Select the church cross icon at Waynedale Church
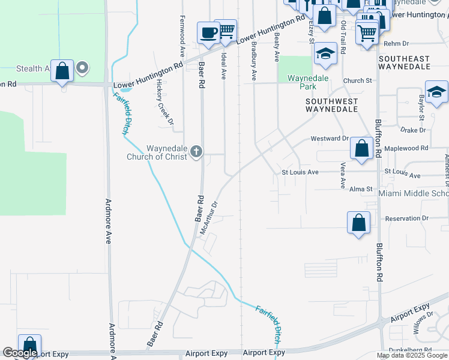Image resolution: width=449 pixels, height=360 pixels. click(x=196, y=152)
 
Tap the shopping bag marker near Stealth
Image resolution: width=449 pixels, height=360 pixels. click(x=62, y=70)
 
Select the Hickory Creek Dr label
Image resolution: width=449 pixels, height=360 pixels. click(x=166, y=102)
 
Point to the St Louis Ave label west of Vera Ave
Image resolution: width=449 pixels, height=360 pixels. click(x=300, y=172)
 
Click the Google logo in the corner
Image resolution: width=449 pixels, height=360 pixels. click(x=20, y=353)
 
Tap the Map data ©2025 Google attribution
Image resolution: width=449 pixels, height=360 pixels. click(x=412, y=355)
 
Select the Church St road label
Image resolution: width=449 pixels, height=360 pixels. click(x=358, y=80)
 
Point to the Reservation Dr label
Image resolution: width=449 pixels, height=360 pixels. click(x=408, y=218)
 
